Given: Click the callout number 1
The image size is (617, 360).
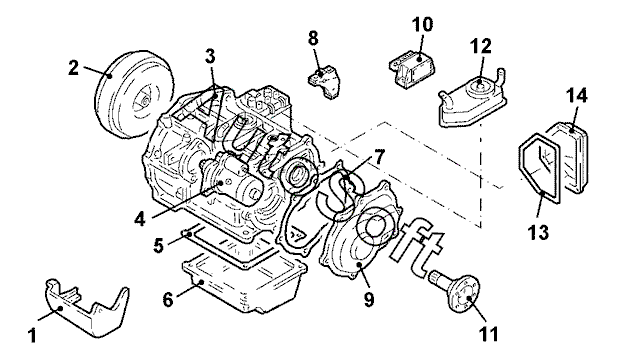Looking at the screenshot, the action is pos(33,336).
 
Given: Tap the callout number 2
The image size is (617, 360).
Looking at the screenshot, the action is pos(74,68).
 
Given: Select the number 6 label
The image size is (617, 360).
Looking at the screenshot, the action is pos(168,300).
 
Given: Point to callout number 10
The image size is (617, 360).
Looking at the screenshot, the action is pos(422,24).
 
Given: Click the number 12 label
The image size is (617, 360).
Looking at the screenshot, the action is pos(481,46).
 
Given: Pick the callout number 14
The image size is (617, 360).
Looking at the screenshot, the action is pos(576,96).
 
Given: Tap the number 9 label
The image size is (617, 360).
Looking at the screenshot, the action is pos(369,300).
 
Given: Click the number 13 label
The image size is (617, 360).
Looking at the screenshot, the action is pos(538,232).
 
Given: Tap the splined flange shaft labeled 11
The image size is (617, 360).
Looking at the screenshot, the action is pos(456,289).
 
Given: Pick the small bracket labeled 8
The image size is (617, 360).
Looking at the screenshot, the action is pos(323,80).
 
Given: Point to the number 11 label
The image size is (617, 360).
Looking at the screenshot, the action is pos(488,334).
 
